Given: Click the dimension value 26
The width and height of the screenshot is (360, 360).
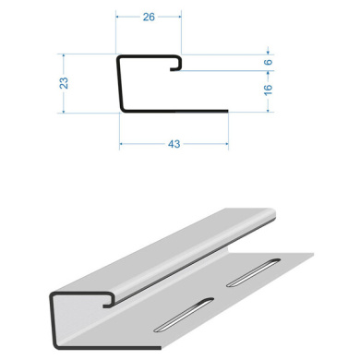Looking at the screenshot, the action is point(149,18).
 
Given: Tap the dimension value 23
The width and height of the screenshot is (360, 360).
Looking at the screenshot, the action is point(64,83).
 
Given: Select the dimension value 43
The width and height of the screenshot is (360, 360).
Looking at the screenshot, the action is point(174,144).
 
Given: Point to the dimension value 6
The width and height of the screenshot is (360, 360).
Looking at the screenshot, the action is point(269,62).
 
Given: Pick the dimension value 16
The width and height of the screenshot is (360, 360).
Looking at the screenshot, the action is point(269,90).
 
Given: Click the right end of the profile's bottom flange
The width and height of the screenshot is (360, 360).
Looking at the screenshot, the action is point(228,111).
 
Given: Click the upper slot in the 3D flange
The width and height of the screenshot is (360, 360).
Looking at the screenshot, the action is point(254,272).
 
